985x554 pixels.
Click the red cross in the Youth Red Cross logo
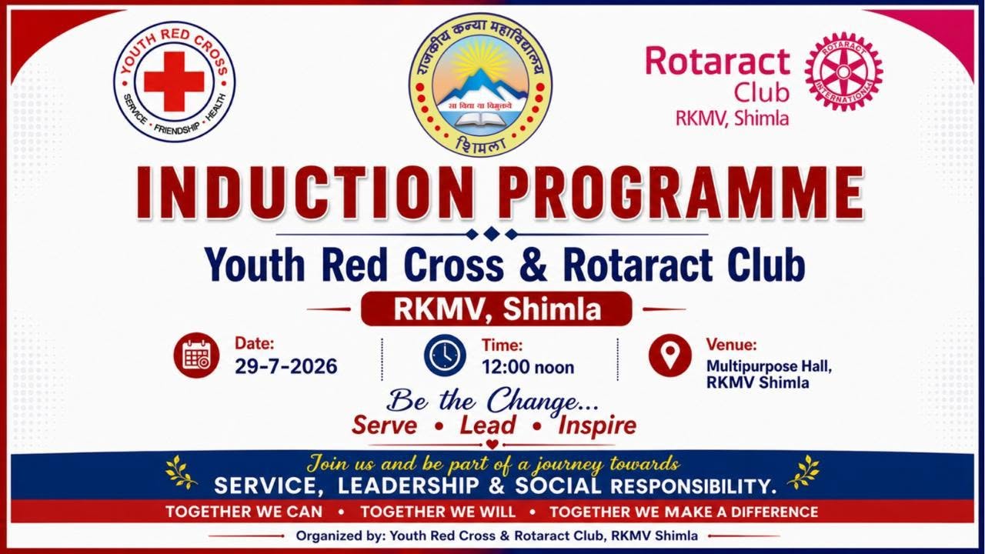174,82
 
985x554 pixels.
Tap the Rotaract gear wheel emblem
844,72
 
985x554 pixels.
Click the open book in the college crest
480,119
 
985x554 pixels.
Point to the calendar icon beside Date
196,355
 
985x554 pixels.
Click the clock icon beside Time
445,355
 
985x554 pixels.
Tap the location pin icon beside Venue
670,355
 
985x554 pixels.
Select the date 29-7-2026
286,366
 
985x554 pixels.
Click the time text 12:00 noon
528,367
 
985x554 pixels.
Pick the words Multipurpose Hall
769,365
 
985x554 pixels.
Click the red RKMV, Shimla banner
496,309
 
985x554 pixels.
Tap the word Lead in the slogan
487,426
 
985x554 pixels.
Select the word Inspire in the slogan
597,426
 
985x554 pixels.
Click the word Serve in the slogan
384,426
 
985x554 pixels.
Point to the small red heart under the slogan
492,444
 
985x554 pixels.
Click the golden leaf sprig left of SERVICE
181,472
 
